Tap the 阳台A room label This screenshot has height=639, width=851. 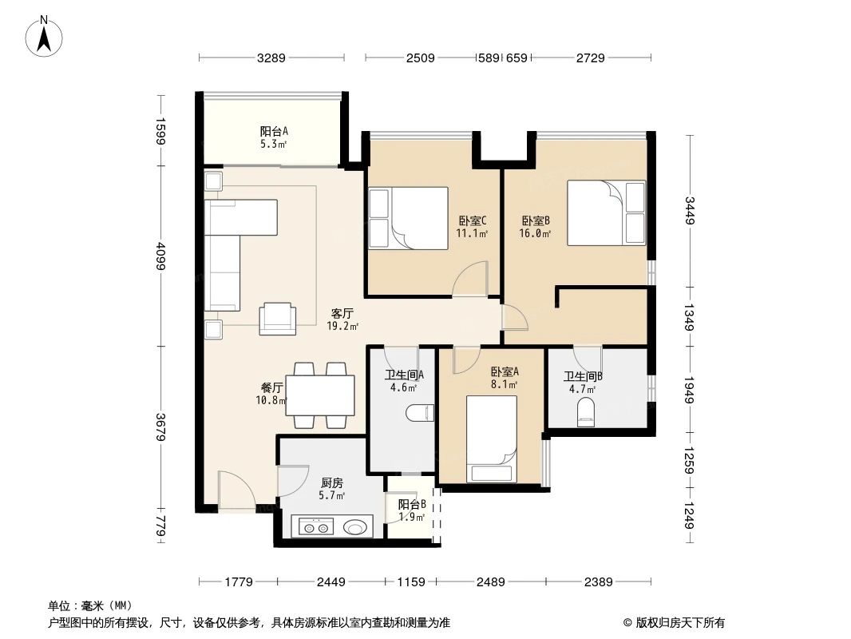click(x=273, y=137)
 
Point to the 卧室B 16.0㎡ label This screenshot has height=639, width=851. click(x=536, y=228)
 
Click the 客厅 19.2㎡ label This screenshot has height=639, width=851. click(x=342, y=319)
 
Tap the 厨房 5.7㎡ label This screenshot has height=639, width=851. click(x=332, y=489)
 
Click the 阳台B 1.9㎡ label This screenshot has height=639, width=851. click(x=411, y=510)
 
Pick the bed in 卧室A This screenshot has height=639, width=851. click(x=491, y=440)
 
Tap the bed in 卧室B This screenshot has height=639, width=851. click(x=605, y=212)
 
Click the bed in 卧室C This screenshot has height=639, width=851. click(x=408, y=219)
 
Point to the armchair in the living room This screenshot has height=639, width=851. click(x=276, y=318)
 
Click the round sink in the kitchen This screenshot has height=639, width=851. click(x=355, y=526)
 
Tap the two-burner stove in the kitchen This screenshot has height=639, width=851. click(x=314, y=526)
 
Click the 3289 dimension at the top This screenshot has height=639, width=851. click(x=271, y=58)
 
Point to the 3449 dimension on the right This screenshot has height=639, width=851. click(x=689, y=210)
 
